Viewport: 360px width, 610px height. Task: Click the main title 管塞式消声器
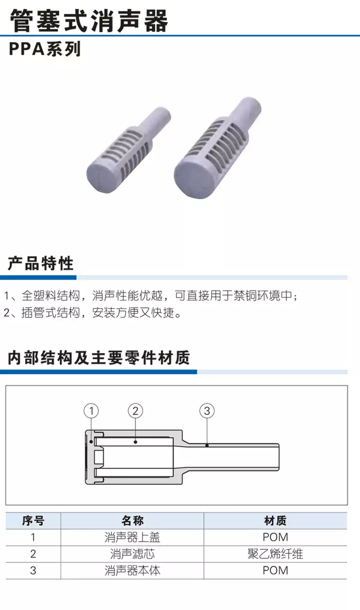click(89, 20)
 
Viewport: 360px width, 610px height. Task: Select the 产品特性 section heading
click(41, 263)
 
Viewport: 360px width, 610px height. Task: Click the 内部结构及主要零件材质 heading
click(99, 357)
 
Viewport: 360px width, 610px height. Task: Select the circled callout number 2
click(136, 411)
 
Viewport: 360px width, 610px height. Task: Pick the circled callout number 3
click(207, 411)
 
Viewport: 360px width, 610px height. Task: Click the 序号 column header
click(33, 521)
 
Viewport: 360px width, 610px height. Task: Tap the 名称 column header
click(132, 521)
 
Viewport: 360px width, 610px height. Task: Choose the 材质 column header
click(276, 521)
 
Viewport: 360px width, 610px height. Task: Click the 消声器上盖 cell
click(132, 537)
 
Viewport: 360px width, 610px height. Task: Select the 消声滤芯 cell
click(132, 554)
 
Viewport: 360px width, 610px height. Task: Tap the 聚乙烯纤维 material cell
click(276, 554)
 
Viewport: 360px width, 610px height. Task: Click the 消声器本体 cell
click(132, 571)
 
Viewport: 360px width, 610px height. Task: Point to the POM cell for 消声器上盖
click(276, 537)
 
